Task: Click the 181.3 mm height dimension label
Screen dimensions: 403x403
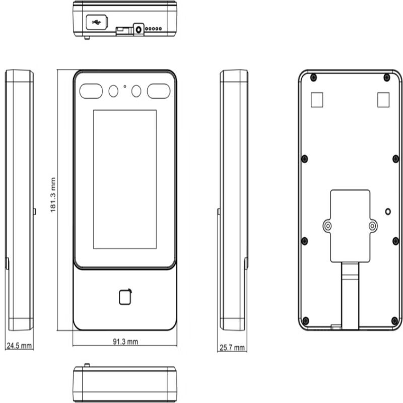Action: tap(53, 195)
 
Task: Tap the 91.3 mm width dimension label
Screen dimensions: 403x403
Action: tap(125, 342)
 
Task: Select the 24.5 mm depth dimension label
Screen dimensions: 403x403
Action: tap(19, 346)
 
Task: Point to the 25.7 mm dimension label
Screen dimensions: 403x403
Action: tap(232, 348)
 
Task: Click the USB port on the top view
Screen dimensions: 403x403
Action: tap(97, 22)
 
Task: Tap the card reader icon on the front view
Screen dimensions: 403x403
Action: tap(125, 297)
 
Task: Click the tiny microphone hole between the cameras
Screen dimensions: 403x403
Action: tap(125, 86)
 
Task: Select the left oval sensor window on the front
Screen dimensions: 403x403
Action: tap(91, 91)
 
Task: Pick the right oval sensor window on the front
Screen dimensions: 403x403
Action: tap(159, 91)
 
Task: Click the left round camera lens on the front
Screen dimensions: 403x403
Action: tap(113, 91)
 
